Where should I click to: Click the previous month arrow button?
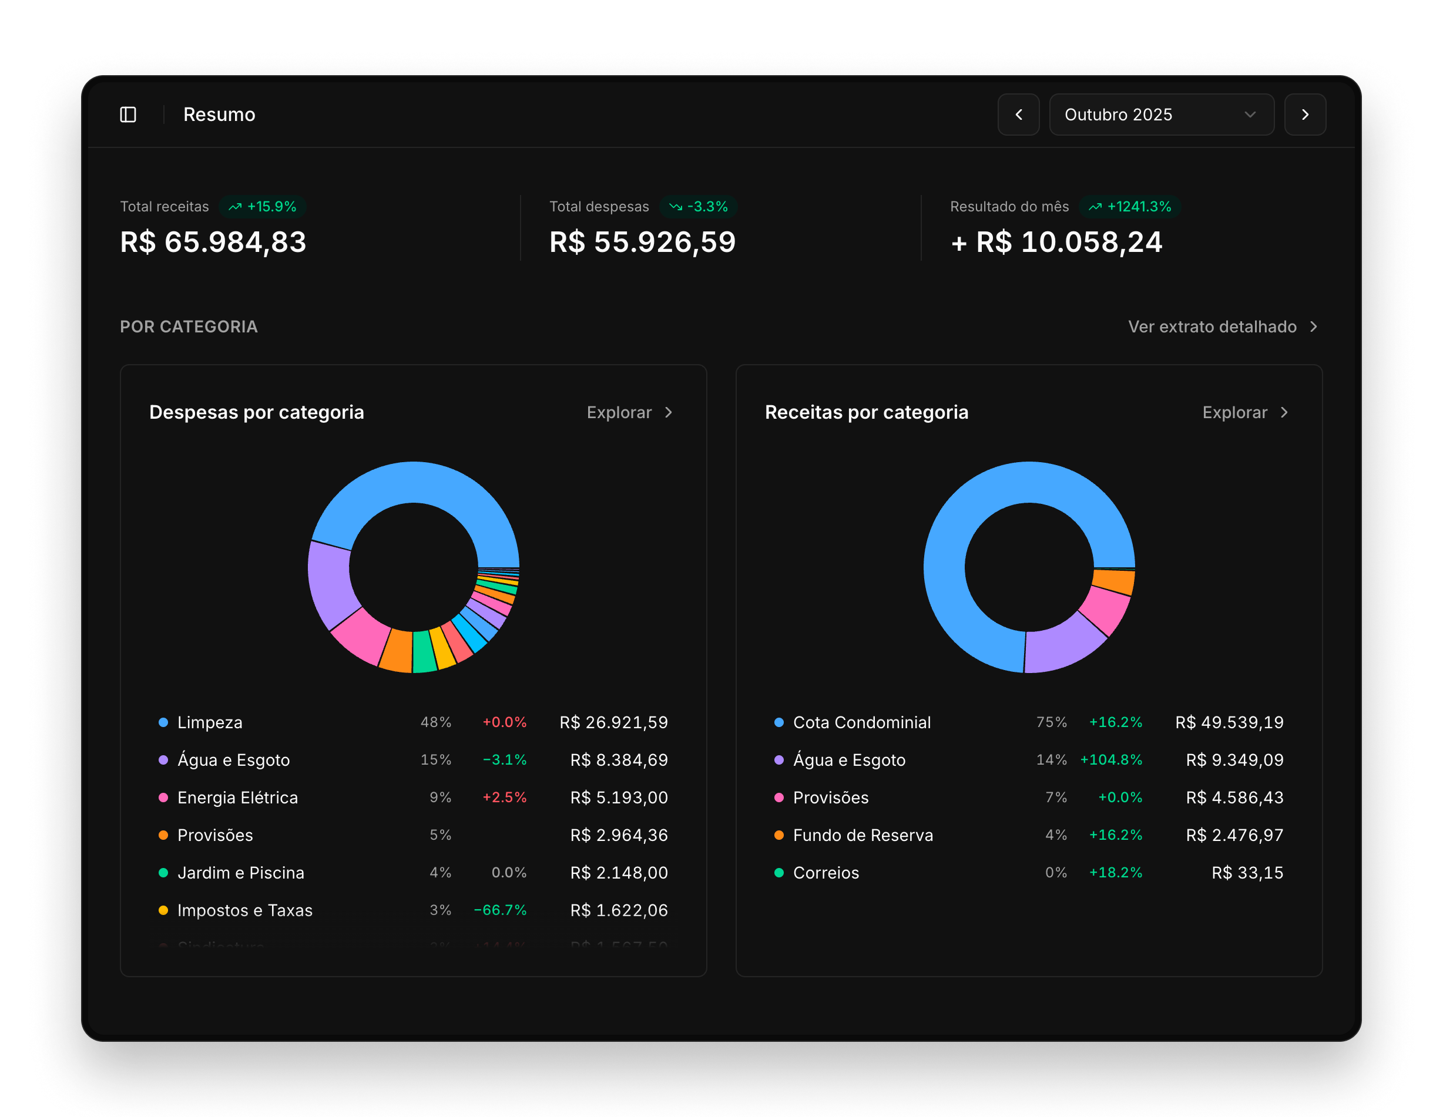pos(1018,115)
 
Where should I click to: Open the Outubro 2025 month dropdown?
pos(1161,115)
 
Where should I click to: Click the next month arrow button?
pos(1304,115)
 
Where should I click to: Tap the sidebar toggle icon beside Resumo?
pos(128,115)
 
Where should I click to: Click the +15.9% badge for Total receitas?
pos(263,207)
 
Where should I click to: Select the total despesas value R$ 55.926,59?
pos(642,242)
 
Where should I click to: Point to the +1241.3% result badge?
pos(1130,207)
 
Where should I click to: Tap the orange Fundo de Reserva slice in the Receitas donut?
pos(1114,581)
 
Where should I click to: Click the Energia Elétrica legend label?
pos(237,798)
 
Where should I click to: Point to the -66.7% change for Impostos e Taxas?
pos(500,910)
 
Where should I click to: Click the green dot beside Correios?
pos(779,873)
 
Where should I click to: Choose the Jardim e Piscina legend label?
pos(240,873)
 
